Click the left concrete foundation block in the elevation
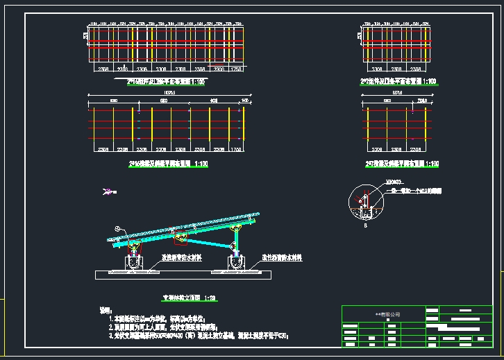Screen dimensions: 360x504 click(134, 263)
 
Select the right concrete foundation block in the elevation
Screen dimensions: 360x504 click(237, 263)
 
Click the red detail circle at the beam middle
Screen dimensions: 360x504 click(181, 238)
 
